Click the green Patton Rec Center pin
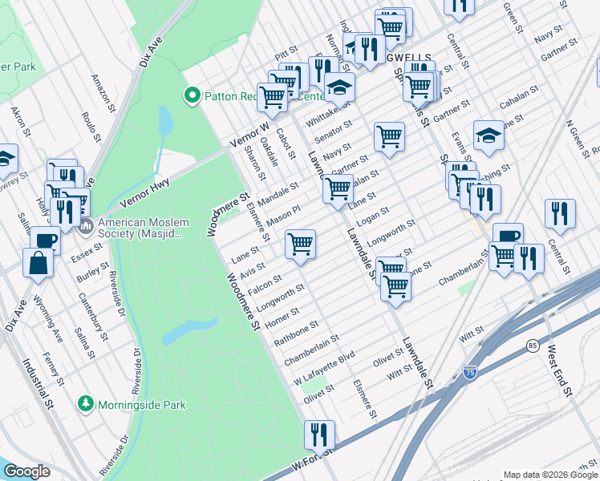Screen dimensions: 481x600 (x=192, y=97)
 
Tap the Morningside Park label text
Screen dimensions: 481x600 (x=141, y=405)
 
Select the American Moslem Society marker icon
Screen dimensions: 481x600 (x=86, y=227)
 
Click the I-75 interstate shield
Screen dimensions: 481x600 (x=470, y=372)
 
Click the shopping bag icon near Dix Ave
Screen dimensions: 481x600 (x=39, y=262)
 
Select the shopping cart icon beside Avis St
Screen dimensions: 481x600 (x=300, y=243)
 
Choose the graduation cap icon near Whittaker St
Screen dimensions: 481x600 (x=340, y=86)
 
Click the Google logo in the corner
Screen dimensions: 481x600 (x=26, y=471)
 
